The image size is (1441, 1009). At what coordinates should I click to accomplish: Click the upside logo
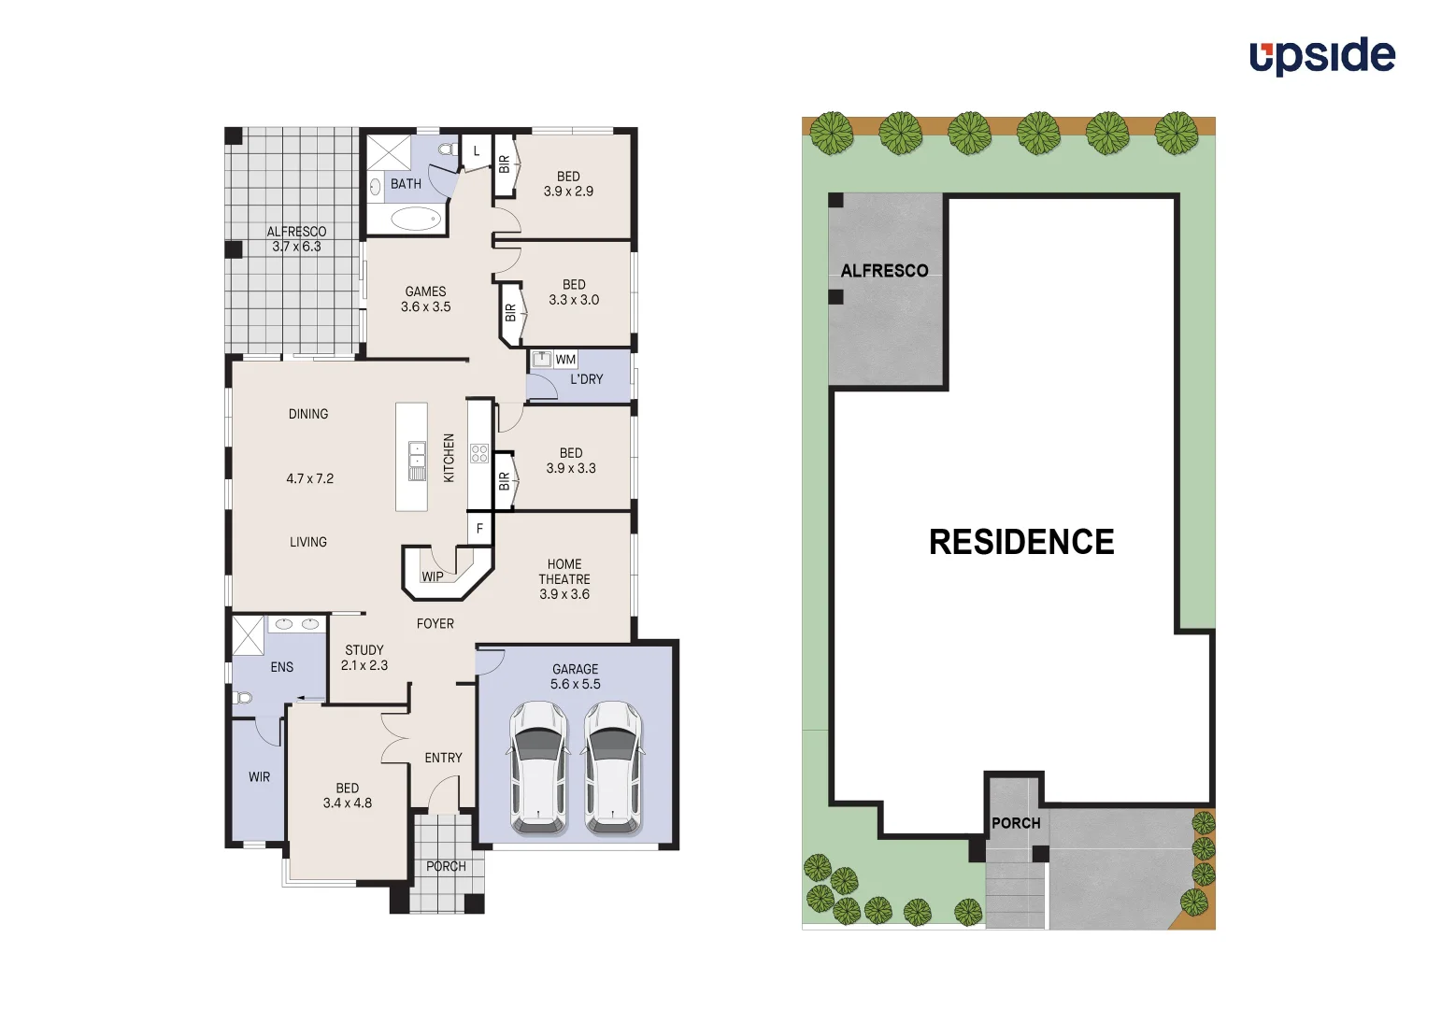[x=1321, y=56]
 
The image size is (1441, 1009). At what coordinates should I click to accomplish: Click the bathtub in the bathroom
[x=415, y=220]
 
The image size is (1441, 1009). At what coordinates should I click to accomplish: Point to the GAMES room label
[x=425, y=291]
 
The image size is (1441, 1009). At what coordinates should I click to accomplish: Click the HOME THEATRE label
[x=564, y=572]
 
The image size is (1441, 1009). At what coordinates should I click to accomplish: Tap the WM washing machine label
[x=565, y=360]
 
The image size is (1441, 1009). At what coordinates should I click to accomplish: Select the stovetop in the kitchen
[x=479, y=454]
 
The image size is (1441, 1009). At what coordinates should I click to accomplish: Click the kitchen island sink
[x=417, y=455]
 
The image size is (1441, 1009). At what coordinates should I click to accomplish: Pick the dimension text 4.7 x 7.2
[x=309, y=478]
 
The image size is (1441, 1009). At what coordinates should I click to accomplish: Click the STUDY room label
[x=364, y=650]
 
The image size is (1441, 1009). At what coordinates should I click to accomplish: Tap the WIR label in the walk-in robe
[x=259, y=777]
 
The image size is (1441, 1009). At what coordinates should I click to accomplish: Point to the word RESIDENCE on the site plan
[x=1020, y=542]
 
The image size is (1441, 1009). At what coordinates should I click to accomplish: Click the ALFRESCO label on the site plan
[x=884, y=271]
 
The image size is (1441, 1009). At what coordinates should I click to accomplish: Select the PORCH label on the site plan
[x=1016, y=823]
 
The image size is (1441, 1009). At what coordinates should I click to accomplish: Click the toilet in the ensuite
[x=243, y=697]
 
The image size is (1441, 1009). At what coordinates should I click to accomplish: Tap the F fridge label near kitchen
[x=479, y=529]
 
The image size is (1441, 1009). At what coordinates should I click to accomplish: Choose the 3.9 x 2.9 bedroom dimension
[x=568, y=192]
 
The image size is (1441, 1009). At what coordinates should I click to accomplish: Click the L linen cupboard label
[x=476, y=151]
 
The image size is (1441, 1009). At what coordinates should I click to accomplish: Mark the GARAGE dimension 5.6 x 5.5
[x=575, y=685]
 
